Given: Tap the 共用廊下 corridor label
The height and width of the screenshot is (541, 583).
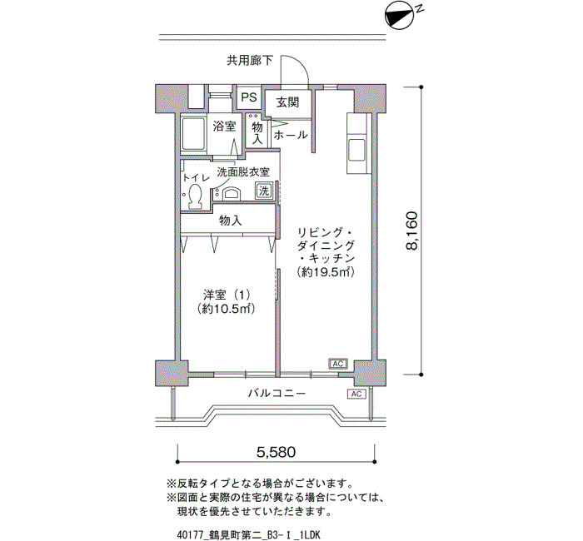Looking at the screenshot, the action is [x=250, y=60].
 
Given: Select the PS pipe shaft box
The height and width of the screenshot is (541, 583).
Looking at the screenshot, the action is [x=249, y=97].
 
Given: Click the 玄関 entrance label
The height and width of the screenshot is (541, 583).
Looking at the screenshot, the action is [x=287, y=102].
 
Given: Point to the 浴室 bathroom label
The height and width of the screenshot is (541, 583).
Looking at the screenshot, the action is [x=224, y=127].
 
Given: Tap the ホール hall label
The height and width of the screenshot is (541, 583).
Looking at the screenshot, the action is [x=291, y=135].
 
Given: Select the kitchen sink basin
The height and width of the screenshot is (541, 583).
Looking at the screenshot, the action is [x=357, y=151].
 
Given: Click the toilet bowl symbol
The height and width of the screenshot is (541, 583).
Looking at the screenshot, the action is [x=195, y=196].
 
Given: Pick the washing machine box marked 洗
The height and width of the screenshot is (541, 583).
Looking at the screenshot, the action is [x=264, y=191].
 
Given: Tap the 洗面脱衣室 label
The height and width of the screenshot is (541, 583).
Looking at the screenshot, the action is [x=243, y=172].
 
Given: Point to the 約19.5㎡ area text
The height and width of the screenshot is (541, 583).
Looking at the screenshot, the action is [x=326, y=272].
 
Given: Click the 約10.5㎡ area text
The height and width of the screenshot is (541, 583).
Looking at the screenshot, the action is [x=226, y=309].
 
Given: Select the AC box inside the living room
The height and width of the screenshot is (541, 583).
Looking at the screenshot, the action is [x=337, y=364].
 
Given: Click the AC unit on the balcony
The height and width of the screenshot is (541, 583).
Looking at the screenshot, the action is [x=356, y=394].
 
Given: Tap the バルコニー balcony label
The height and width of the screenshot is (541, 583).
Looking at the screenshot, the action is [x=277, y=393].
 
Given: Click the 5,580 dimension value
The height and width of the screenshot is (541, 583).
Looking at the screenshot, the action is [x=277, y=452].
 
